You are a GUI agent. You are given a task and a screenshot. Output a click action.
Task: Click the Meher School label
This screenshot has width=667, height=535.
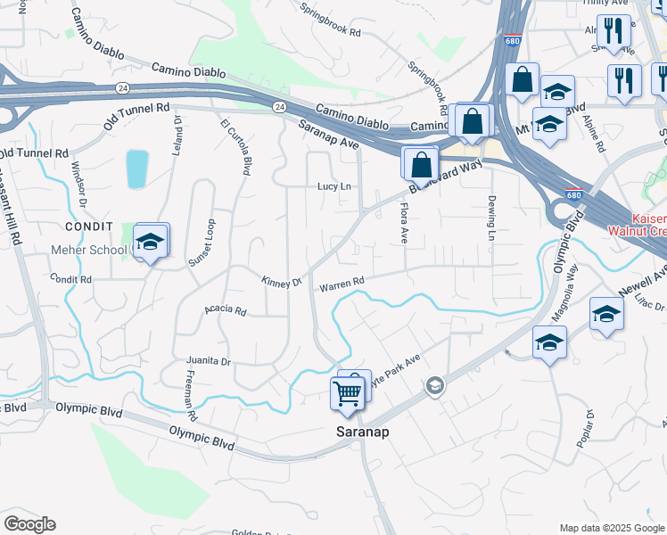[90, 250]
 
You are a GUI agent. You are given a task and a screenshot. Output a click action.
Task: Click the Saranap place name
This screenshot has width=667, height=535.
[366, 431]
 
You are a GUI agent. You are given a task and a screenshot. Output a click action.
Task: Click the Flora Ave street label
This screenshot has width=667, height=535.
[402, 223]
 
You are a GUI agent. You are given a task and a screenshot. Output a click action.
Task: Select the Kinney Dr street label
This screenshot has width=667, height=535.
[282, 282]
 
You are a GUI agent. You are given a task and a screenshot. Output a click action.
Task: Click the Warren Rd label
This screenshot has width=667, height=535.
[342, 284]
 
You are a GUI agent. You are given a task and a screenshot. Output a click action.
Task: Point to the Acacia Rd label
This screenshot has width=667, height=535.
[225, 310]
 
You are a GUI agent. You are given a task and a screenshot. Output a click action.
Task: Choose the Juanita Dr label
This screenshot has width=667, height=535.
[209, 361]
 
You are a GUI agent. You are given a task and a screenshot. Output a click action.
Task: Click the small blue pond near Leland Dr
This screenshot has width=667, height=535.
[136, 169]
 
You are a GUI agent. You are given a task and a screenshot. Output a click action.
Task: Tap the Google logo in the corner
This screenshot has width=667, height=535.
[29, 524]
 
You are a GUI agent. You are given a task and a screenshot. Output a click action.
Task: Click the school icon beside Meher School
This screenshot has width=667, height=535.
[152, 242]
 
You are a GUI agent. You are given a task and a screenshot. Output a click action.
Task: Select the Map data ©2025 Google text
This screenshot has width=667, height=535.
[611, 528]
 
